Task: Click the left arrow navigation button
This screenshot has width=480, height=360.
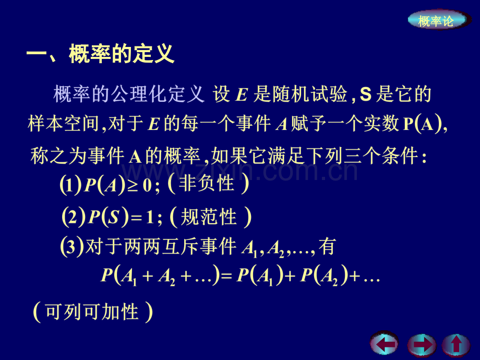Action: pyautogui.click(x=385, y=344)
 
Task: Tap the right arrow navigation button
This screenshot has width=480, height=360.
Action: pyautogui.click(x=422, y=345)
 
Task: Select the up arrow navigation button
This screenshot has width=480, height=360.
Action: pyautogui.click(x=456, y=345)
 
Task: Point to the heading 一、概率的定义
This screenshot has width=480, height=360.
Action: pyautogui.click(x=100, y=54)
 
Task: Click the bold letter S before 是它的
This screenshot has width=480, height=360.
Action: pyautogui.click(x=365, y=94)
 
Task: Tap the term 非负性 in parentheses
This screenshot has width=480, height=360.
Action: pyautogui.click(x=207, y=184)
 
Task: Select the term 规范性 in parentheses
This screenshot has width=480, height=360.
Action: pyautogui.click(x=209, y=217)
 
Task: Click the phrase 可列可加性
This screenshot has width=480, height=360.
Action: pyautogui.click(x=92, y=312)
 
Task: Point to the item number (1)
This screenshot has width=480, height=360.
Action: pyautogui.click(x=71, y=185)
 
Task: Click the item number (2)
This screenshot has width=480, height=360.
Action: pyautogui.click(x=74, y=217)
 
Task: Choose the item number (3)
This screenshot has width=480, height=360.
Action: pyautogui.click(x=72, y=247)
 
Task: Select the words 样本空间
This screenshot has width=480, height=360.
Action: pyautogui.click(x=63, y=124)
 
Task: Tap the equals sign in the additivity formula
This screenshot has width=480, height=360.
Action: pyautogui.click(x=226, y=277)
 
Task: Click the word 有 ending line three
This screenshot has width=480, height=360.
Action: pyautogui.click(x=327, y=246)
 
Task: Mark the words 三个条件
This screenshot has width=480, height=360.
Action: pyautogui.click(x=381, y=156)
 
